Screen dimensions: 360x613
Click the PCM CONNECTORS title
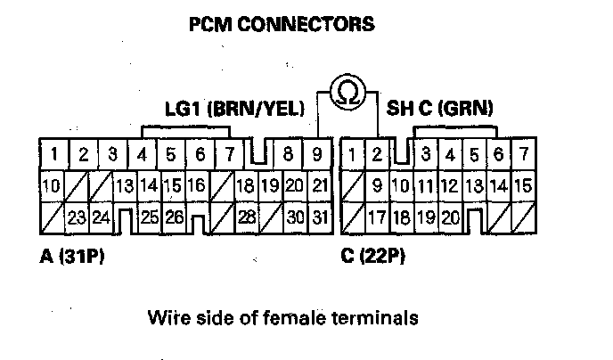pyautogui.click(x=282, y=24)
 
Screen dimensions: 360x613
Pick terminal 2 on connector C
pyautogui.click(x=377, y=155)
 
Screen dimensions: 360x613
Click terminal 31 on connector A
pyautogui.click(x=321, y=216)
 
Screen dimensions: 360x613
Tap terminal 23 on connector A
pyautogui.click(x=76, y=216)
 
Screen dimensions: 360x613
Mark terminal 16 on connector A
pyautogui.click(x=197, y=186)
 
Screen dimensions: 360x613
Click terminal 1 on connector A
pyautogui.click(x=54, y=155)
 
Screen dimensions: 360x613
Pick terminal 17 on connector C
pyautogui.click(x=377, y=216)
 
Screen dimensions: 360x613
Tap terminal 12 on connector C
pyautogui.click(x=450, y=186)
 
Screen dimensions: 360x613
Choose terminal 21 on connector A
pyautogui.click(x=321, y=186)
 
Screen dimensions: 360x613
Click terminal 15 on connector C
pyautogui.click(x=523, y=186)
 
